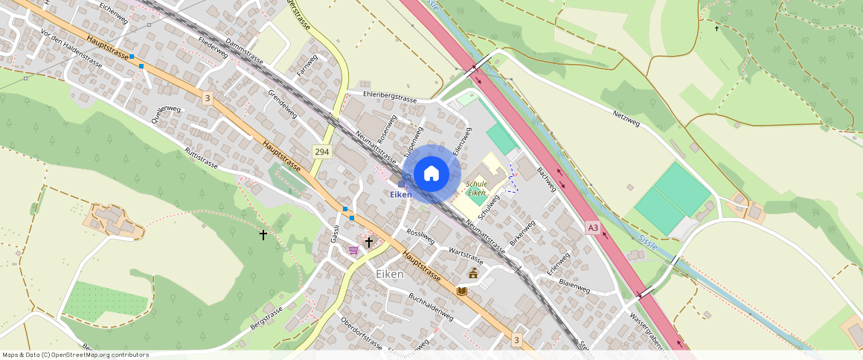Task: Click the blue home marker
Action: tap(431, 173)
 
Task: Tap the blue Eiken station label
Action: tap(401, 194)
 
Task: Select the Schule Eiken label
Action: tap(476, 188)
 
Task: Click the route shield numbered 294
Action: tap(321, 151)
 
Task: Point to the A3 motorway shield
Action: tap(592, 227)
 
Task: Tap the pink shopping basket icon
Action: tap(353, 249)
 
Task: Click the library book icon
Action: tap(462, 291)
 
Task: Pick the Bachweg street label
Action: tap(547, 178)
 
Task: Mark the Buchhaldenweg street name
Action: tap(431, 306)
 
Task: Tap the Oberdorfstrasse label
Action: tap(361, 334)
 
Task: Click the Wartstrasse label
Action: tap(466, 257)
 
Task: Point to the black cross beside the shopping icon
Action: tap(368, 242)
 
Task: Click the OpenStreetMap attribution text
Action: tap(75, 355)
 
